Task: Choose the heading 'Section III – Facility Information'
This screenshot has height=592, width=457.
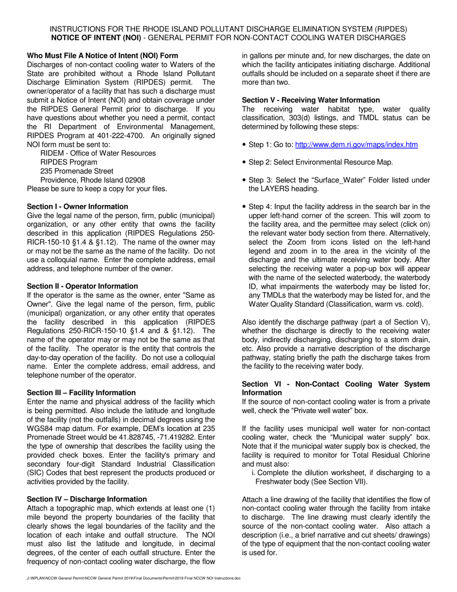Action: click(81, 393)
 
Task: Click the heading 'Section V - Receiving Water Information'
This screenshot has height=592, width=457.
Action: click(311, 100)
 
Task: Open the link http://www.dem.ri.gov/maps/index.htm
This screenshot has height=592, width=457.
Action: click(356, 145)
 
